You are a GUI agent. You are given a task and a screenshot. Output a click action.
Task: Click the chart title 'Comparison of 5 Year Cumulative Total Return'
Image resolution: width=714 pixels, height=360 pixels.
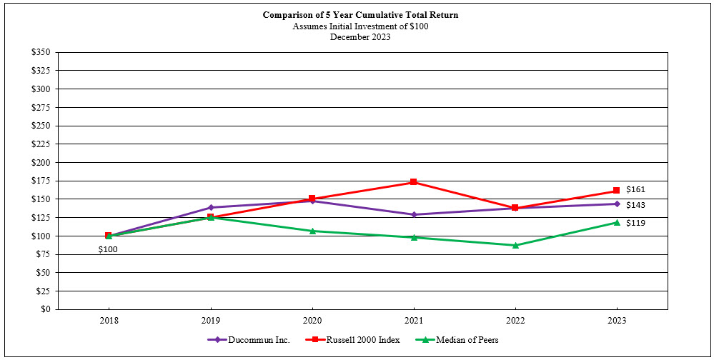coord(360,15)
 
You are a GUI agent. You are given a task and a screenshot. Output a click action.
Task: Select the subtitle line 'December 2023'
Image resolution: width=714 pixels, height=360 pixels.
coord(360,37)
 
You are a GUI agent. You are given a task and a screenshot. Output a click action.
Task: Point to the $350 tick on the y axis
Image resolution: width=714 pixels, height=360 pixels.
coord(41,53)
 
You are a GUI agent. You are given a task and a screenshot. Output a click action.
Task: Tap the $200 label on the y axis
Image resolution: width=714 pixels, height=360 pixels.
coord(41,163)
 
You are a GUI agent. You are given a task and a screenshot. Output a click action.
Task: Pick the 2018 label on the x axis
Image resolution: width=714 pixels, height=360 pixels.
coord(108,321)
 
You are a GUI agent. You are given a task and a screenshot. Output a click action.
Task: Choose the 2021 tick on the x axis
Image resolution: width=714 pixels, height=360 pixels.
coord(414,321)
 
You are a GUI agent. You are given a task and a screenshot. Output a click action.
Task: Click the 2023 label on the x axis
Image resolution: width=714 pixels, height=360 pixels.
coord(617,321)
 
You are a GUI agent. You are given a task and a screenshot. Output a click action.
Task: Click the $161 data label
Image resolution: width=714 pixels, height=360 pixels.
coord(635,190)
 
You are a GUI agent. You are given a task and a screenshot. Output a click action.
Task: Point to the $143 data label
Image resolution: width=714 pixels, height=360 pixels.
coord(635,205)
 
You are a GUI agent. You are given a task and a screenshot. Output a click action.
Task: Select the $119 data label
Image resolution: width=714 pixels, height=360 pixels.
coord(635,224)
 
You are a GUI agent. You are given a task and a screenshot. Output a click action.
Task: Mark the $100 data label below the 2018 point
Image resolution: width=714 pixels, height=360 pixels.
coord(108,249)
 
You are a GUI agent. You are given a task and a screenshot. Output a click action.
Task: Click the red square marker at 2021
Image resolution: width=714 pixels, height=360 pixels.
coord(414,182)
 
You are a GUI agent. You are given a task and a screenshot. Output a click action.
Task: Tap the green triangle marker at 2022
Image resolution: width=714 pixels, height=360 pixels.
coord(515,245)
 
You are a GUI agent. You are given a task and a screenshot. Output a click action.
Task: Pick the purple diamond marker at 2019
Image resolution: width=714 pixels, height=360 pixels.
coord(210,207)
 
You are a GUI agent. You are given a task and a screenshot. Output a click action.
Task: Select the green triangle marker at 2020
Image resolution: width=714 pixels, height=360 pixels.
coord(312,231)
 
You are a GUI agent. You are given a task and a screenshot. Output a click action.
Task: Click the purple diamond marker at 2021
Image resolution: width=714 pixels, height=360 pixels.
coord(414,214)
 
